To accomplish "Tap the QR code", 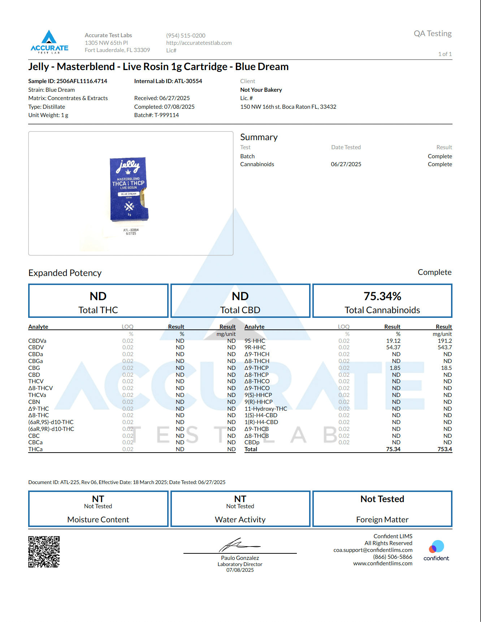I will [44, 552].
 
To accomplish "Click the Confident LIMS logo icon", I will [436, 547].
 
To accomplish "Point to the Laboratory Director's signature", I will [239, 545].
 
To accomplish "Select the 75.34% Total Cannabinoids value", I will [382, 296].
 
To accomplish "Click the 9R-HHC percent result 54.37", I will [393, 347].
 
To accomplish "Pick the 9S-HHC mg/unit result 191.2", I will [445, 341].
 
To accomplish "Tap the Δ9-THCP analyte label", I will [256, 368].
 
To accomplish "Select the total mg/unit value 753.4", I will [445, 449].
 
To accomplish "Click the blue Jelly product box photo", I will [129, 189].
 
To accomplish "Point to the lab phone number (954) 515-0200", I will [186, 35].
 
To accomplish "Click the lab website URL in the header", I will [199, 43].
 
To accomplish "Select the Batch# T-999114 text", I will [156, 115].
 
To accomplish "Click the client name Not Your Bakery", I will [261, 90].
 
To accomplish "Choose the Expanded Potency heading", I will [65, 273].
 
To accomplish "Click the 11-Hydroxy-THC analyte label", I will [266, 409].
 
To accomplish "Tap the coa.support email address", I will [373, 550].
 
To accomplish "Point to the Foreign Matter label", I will [382, 520].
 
